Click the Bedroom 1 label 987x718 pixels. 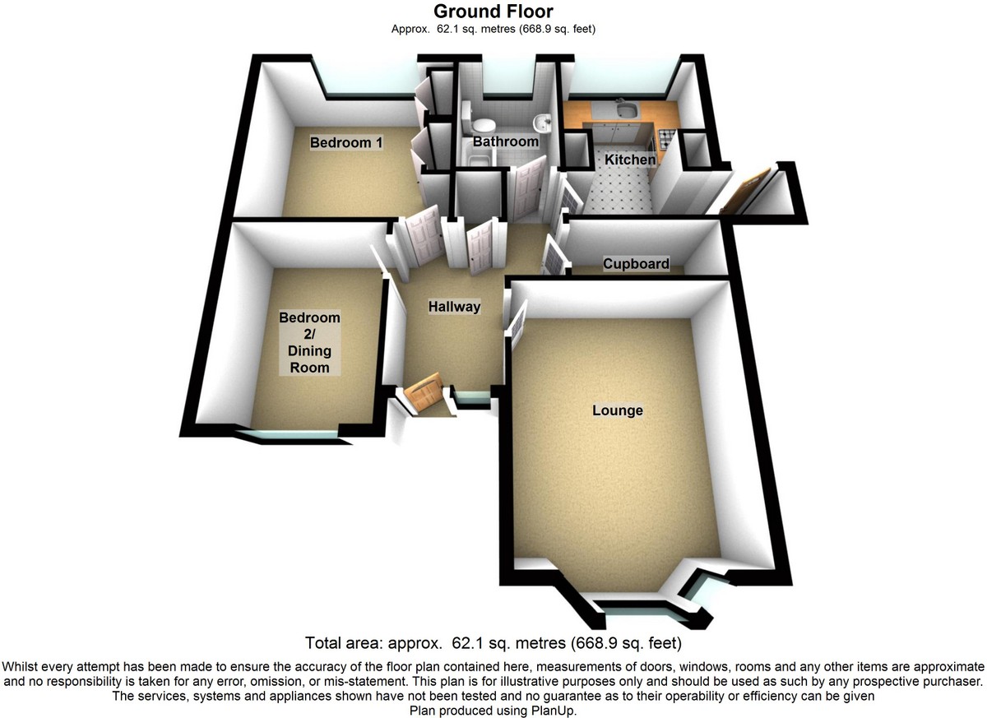click(x=346, y=143)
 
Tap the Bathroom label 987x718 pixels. click(x=505, y=141)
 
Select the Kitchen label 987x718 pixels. click(x=631, y=160)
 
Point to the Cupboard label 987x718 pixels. click(x=636, y=264)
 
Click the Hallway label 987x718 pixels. click(x=454, y=307)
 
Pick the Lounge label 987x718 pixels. click(x=618, y=410)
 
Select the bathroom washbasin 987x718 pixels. click(x=541, y=124)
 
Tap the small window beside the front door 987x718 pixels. click(x=469, y=400)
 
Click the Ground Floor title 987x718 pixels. click(x=493, y=12)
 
